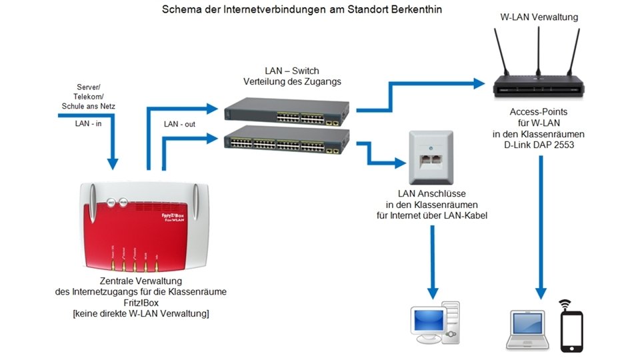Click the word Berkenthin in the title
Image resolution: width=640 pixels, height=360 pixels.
(416, 9)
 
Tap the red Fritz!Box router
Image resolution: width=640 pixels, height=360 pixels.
(144, 227)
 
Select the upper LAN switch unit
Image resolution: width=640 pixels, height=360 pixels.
(287, 111)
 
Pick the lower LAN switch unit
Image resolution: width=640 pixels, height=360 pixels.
(287, 139)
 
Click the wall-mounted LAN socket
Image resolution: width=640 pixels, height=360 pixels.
(431, 157)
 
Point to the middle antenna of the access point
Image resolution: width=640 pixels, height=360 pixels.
(539, 52)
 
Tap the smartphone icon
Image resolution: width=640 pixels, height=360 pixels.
(571, 331)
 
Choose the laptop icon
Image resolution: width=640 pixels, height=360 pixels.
(527, 330)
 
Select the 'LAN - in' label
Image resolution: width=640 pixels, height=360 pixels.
(88, 123)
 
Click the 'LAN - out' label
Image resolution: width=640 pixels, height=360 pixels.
(179, 124)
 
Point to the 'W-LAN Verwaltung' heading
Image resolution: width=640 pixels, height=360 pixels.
(539, 17)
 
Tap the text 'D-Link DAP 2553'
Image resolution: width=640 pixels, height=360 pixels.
(539, 145)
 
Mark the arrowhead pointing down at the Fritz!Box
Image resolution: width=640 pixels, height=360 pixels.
(112, 164)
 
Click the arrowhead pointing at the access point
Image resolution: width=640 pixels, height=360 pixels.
(479, 84)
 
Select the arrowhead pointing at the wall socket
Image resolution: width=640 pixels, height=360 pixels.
(401, 163)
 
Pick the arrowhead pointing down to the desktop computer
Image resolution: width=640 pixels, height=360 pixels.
(432, 293)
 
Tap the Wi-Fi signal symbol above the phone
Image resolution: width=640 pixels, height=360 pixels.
(565, 305)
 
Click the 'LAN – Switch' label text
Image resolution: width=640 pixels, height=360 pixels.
(292, 71)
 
